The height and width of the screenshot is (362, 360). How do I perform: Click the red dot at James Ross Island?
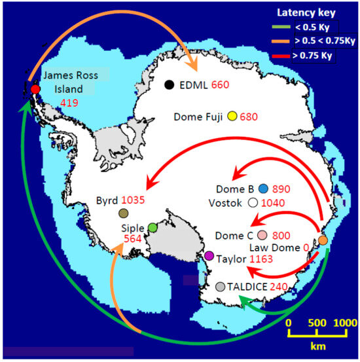[x=35, y=88]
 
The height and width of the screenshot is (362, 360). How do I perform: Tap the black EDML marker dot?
[x=170, y=84]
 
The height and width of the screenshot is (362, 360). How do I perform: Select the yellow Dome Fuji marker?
[x=232, y=118]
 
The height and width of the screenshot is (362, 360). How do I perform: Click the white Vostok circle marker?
[x=253, y=203]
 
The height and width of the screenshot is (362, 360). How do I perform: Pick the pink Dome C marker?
[x=262, y=235]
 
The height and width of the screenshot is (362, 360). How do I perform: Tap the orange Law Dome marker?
[x=323, y=240]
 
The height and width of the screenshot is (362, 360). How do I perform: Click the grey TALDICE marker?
[x=220, y=286]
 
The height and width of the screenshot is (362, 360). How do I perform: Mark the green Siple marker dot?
[x=153, y=227]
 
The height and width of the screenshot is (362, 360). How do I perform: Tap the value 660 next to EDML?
[x=221, y=85]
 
